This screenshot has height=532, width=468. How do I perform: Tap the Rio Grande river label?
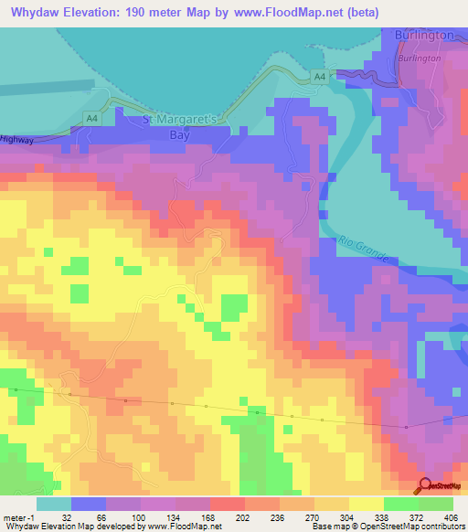point(364,247)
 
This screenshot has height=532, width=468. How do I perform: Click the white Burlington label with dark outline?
point(425,35)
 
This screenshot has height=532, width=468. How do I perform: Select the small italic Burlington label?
point(420,57)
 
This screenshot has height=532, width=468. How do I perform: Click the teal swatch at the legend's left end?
point(53,504)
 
